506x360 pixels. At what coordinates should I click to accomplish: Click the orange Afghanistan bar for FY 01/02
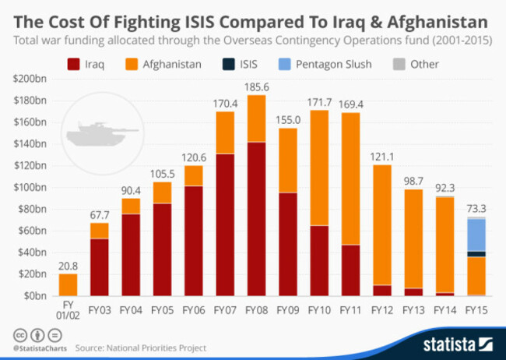click(x=68, y=284)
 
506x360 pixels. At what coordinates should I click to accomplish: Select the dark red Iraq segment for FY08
click(x=257, y=219)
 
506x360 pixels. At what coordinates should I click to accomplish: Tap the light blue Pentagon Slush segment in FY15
click(x=476, y=235)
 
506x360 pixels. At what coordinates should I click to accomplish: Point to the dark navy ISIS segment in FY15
click(x=476, y=254)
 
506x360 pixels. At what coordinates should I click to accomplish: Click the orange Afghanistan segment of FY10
click(x=319, y=168)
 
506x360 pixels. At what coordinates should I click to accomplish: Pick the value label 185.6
click(x=257, y=87)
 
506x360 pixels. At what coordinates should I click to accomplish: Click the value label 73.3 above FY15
click(x=476, y=208)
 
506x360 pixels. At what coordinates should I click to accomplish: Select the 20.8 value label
click(x=68, y=266)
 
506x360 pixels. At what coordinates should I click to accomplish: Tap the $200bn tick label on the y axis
click(x=30, y=79)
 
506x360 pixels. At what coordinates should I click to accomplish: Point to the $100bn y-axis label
click(x=30, y=188)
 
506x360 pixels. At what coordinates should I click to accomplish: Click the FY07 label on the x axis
click(x=225, y=310)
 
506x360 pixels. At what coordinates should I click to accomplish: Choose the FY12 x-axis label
click(x=382, y=310)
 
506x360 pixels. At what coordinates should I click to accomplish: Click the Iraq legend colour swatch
click(x=74, y=65)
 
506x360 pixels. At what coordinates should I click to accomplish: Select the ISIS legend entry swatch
click(x=228, y=65)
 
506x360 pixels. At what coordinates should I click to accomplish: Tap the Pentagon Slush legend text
click(x=334, y=65)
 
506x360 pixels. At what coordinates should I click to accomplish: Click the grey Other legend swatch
click(x=399, y=65)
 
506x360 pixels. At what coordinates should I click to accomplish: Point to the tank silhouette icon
click(x=102, y=134)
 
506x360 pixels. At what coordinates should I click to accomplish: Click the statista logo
click(x=458, y=344)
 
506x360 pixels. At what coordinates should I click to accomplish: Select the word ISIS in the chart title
click(x=200, y=23)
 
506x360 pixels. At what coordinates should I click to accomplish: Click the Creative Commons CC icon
click(x=20, y=335)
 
